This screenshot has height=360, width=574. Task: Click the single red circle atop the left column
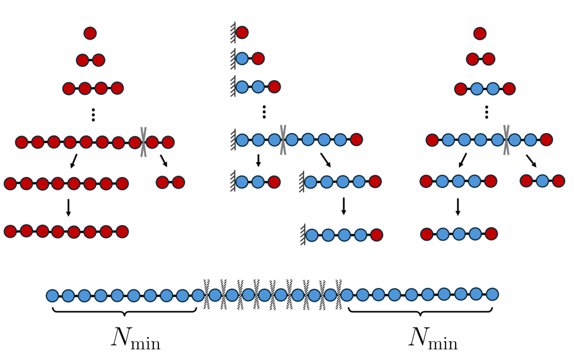90,33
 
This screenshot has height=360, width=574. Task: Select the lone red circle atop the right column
480,33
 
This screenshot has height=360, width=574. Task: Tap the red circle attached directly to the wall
242,32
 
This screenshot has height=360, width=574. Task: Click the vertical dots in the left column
93,115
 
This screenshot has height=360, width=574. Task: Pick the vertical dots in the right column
486,112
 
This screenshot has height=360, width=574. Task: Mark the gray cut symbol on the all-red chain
143,142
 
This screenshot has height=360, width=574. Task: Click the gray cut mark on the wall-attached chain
283,140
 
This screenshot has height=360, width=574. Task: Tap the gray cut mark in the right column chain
506,140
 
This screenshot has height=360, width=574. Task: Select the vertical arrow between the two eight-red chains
68,207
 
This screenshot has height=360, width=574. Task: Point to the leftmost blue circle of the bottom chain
52,295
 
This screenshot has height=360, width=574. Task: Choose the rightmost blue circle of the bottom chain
493,294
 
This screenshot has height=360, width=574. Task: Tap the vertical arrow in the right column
458,207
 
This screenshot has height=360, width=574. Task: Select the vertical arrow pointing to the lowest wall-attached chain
344,206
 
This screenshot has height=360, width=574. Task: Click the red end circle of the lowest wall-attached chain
376,235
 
